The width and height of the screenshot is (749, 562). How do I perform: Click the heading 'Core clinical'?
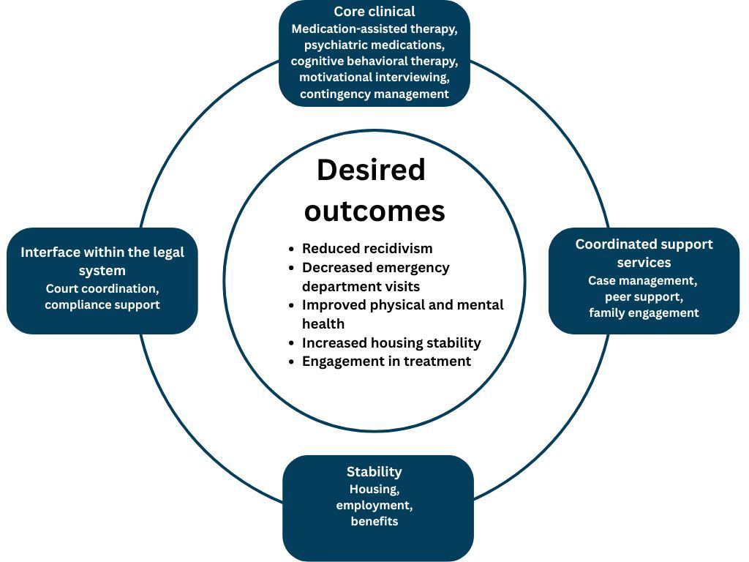[374, 12]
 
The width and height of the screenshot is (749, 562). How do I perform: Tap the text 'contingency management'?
[374, 94]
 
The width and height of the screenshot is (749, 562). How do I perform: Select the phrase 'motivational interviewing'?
[374, 78]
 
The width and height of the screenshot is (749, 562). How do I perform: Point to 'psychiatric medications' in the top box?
[374, 45]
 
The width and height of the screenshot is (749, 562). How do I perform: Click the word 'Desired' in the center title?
[371, 171]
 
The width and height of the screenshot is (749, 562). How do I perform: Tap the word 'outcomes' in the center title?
[374, 211]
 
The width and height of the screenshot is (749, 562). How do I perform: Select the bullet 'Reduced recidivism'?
[367, 249]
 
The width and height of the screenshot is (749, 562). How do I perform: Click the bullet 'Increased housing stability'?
[391, 342]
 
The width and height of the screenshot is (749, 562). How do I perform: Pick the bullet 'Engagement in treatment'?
[386, 361]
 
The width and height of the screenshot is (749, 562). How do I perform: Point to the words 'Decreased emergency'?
[376, 268]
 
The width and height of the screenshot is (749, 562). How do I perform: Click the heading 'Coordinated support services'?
[644, 252]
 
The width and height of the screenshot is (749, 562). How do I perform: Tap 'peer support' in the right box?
[644, 296]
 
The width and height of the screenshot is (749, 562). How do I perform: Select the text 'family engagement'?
[644, 313]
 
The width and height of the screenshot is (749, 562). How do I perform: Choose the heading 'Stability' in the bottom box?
[374, 472]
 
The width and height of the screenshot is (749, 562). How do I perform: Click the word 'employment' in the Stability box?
[374, 506]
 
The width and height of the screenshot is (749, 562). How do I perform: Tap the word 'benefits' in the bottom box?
[374, 522]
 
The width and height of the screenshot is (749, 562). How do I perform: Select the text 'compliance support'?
[102, 304]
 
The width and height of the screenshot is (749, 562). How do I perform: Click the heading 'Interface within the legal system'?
[102, 261]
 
